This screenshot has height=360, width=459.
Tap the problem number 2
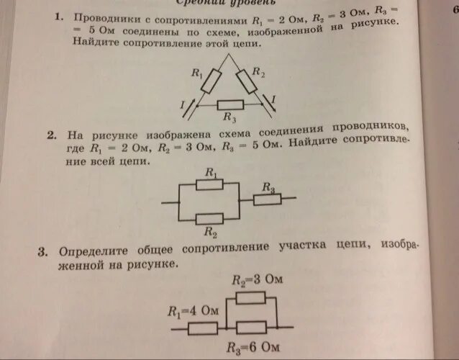(x=53, y=135)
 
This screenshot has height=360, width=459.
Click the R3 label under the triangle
(x=229, y=117)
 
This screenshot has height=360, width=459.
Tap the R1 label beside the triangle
(x=194, y=71)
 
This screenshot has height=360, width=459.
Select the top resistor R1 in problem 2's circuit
(x=210, y=184)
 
